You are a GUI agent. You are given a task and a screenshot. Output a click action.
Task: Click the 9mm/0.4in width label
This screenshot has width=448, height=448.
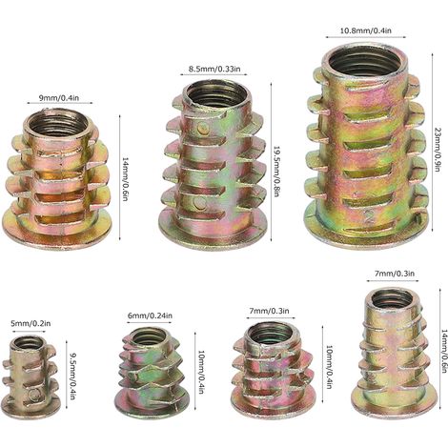click(59, 98)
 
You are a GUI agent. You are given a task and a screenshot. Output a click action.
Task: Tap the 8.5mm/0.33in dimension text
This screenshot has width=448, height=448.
click(214, 69)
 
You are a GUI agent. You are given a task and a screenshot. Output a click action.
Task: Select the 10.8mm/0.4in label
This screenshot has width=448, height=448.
click(366, 31)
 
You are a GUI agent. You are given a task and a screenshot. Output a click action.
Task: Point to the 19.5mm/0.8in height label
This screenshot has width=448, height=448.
click(276, 172)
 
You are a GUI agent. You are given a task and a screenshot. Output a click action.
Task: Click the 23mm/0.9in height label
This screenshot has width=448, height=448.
click(437, 150)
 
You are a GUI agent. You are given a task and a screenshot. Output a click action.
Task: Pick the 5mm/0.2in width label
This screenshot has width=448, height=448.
click(31, 324)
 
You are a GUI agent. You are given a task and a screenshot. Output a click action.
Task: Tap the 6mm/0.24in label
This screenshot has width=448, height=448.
click(150, 316)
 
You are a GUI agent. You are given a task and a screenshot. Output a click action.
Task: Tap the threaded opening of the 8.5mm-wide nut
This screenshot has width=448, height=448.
click(216, 94)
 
